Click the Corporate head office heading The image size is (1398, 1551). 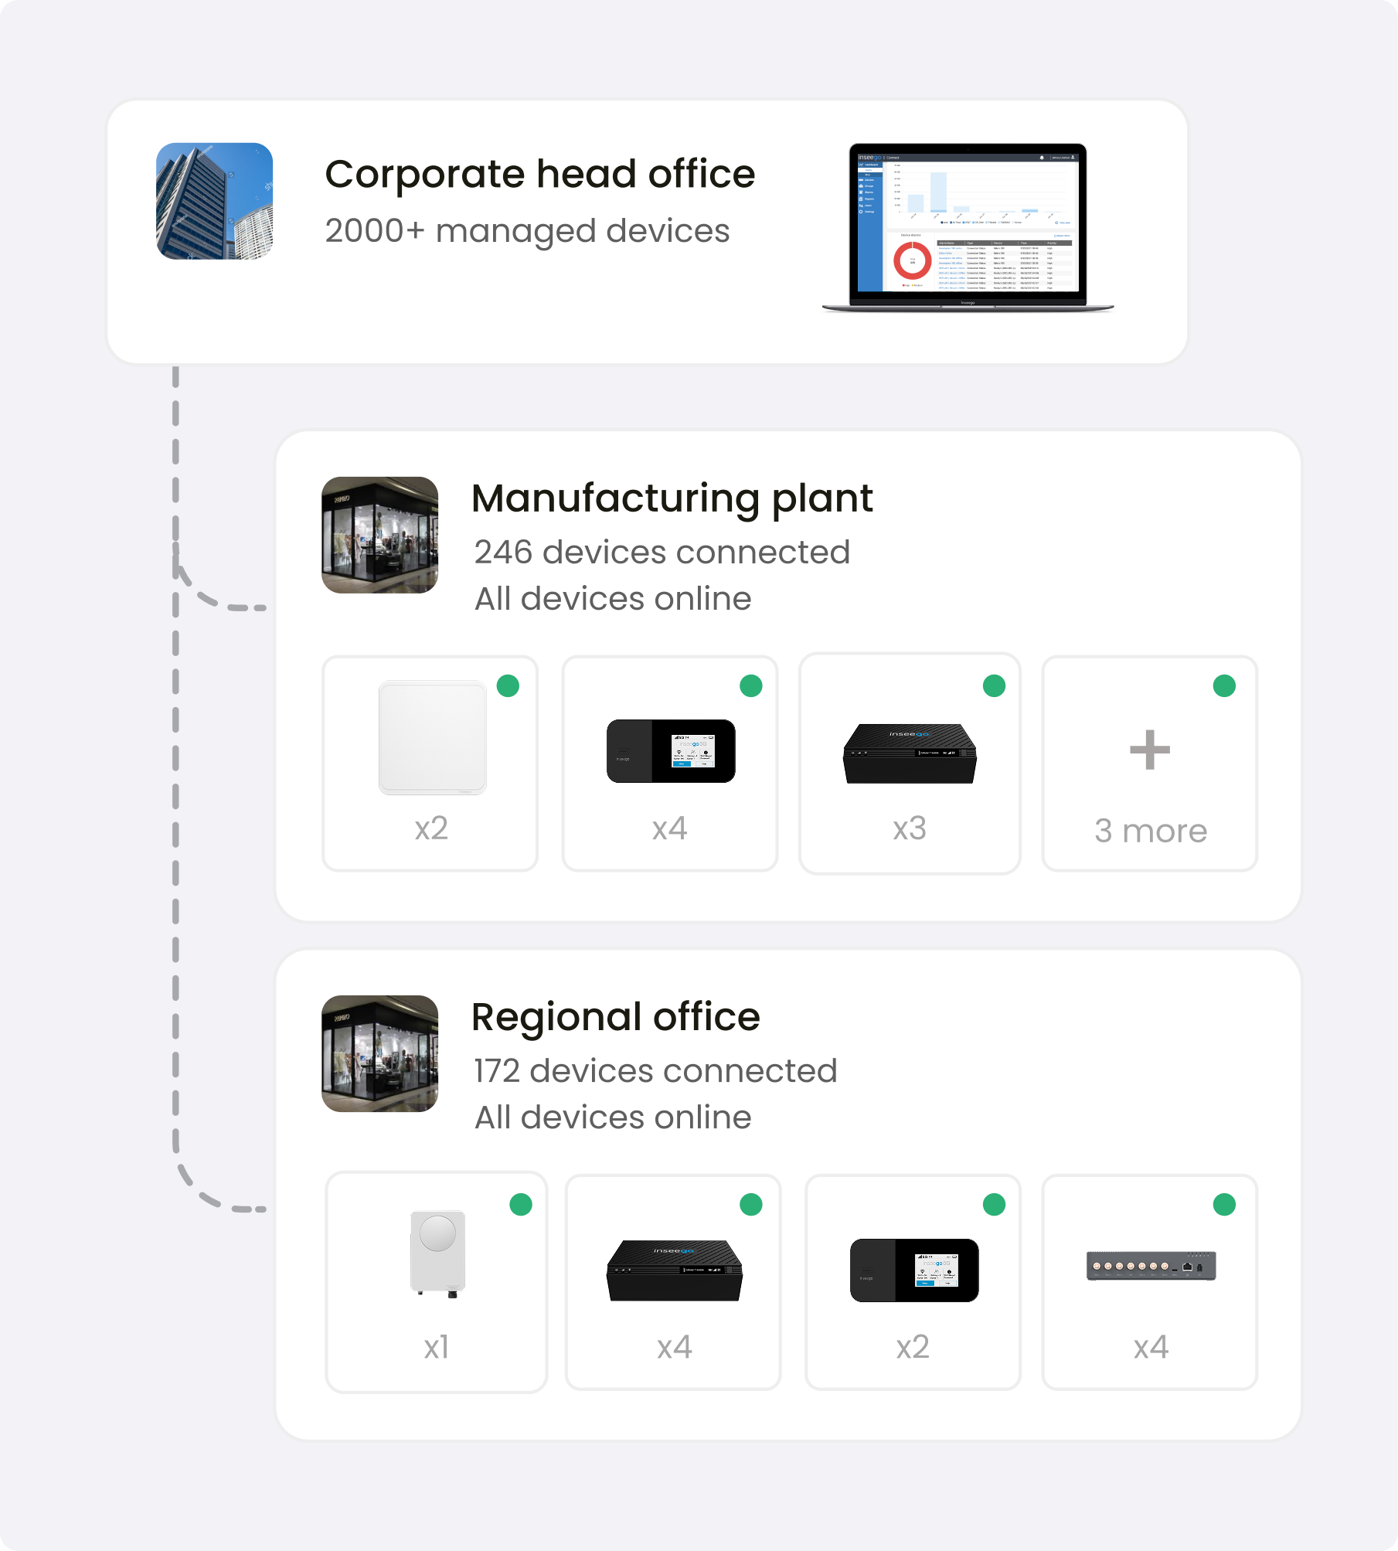pyautogui.click(x=539, y=175)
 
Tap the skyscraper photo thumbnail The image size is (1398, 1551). pyautogui.click(x=214, y=201)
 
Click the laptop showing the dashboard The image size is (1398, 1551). pyautogui.click(x=968, y=227)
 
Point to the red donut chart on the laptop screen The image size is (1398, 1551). pyautogui.click(x=912, y=261)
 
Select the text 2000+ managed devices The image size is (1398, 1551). pyautogui.click(x=527, y=231)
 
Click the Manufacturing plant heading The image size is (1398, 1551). pyautogui.click(x=672, y=498)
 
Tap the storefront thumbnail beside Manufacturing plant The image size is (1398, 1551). pyautogui.click(x=379, y=535)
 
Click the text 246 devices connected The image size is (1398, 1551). pyautogui.click(x=662, y=553)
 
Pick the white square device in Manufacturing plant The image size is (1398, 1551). pyautogui.click(x=432, y=737)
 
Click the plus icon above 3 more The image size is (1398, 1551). pyautogui.click(x=1149, y=750)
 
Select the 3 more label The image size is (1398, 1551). pyautogui.click(x=1150, y=832)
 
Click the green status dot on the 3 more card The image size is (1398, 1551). pyautogui.click(x=1224, y=685)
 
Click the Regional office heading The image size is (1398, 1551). pyautogui.click(x=615, y=1017)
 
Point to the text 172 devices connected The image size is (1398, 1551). pyautogui.click(x=655, y=1071)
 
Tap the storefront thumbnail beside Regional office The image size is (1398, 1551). pyautogui.click(x=379, y=1053)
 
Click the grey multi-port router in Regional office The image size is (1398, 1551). pyautogui.click(x=1151, y=1266)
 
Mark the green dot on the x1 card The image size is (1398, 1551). pyautogui.click(x=521, y=1205)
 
